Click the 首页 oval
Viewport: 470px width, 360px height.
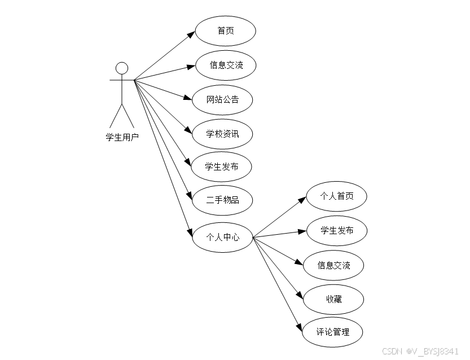coord(226,31)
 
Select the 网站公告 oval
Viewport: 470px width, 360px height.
coord(222,100)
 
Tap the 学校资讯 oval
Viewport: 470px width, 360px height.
coord(222,134)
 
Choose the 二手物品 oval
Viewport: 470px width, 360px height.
coord(222,200)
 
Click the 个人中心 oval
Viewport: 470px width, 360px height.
coord(222,237)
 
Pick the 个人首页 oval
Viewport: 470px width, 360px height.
coord(337,196)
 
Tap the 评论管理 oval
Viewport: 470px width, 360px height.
coord(333,332)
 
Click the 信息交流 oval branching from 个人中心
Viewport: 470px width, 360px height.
coord(333,265)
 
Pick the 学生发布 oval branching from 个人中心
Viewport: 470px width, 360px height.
coord(337,230)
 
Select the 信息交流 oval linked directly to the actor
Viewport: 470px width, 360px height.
coord(226,65)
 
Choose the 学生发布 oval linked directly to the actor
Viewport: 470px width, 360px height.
coord(221,166)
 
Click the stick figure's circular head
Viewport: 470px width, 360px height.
coord(121,69)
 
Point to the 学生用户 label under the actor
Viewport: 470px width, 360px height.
coord(122,137)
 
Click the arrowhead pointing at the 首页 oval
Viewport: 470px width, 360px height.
coord(192,35)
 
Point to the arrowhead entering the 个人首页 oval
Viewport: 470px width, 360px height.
coord(302,200)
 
